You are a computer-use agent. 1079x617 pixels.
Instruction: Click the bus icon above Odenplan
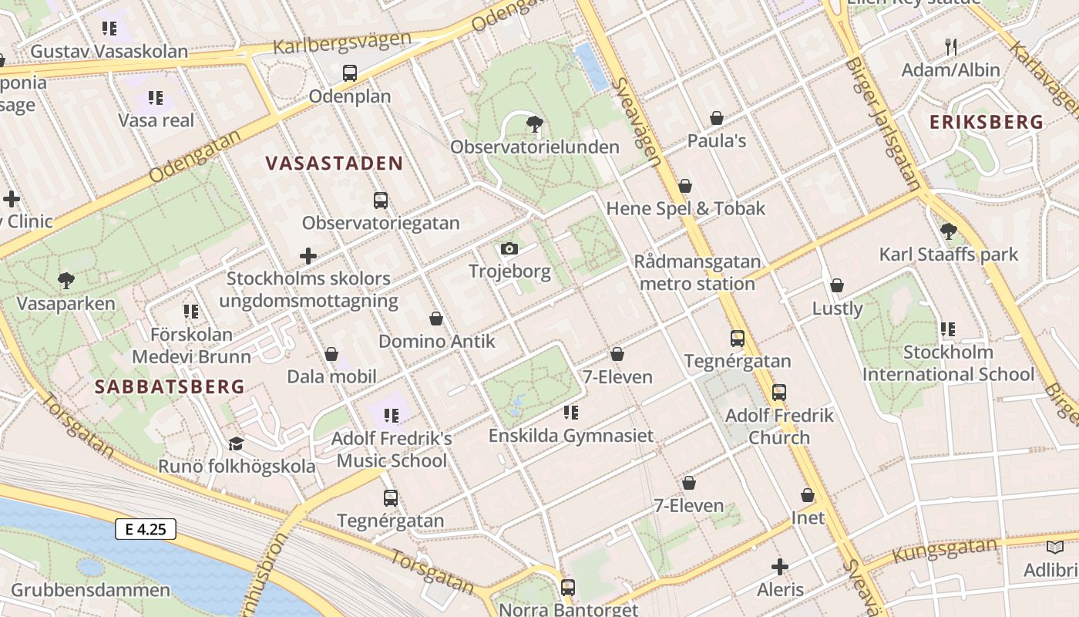coord(350,73)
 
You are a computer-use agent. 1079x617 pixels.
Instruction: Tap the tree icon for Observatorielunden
coord(533,123)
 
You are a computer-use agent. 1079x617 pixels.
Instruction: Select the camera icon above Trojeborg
coord(509,248)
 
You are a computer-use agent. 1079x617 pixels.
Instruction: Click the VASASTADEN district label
coord(334,163)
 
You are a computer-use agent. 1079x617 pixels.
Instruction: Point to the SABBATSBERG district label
coord(170,386)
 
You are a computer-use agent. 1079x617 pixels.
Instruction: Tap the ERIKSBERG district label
coord(986,122)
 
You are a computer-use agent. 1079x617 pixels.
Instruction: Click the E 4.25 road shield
coord(146,529)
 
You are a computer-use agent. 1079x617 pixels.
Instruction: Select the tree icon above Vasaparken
coord(66,281)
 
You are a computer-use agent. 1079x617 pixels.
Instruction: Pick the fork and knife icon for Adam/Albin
coord(951,47)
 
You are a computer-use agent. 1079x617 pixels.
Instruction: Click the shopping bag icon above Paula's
coord(717,118)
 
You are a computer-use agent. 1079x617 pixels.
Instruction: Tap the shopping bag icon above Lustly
coord(837,285)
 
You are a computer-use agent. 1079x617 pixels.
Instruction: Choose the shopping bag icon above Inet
coord(808,495)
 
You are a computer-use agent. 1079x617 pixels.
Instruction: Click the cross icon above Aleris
coord(780,567)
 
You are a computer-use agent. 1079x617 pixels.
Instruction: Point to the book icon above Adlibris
coord(1054,548)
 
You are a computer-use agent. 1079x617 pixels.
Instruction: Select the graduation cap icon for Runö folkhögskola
coord(236,443)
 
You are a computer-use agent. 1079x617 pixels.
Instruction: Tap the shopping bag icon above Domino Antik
coord(436,319)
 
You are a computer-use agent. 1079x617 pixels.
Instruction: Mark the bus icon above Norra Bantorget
coord(568,587)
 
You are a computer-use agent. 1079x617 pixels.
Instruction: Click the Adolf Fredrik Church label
coord(779,427)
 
